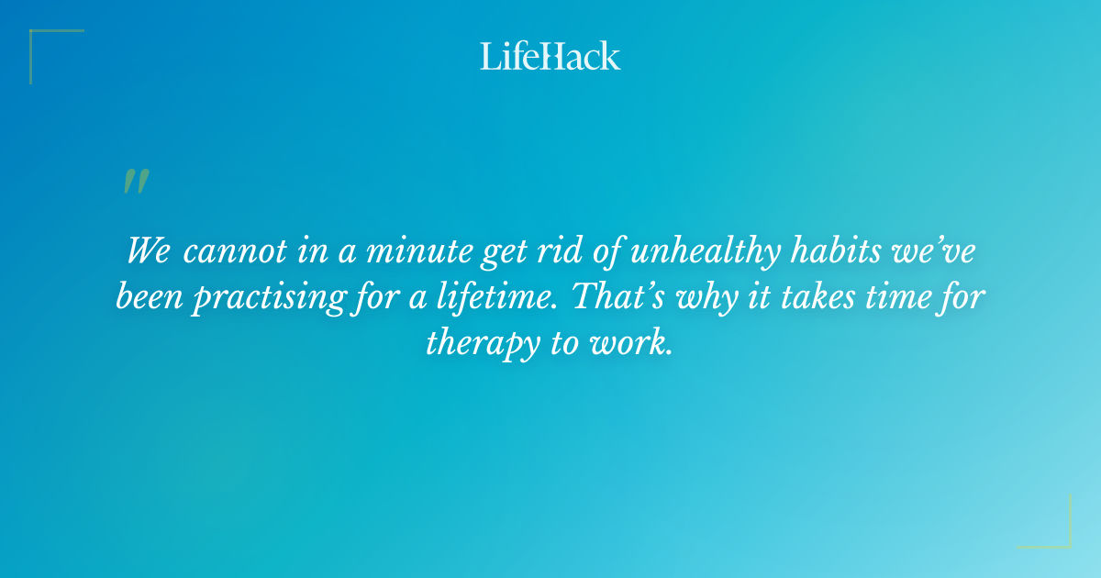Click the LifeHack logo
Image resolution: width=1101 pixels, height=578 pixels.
coord(550,56)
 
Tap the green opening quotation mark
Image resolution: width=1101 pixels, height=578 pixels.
coord(136,182)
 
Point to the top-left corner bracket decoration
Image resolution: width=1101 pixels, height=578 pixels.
coord(46,46)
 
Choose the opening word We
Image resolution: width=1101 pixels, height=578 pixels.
coord(148,250)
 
